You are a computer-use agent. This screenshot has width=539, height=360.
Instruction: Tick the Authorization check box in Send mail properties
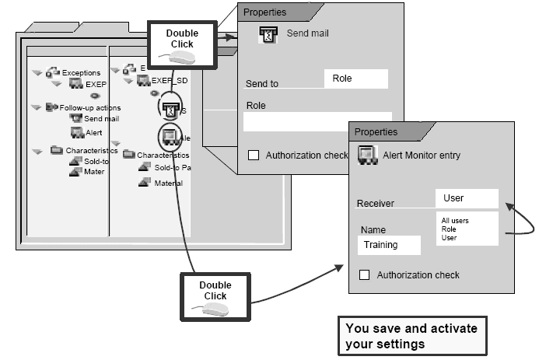[x=254, y=155]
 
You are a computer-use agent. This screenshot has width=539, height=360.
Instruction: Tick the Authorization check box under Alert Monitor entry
[x=363, y=274]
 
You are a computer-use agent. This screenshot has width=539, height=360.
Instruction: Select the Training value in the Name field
[x=389, y=245]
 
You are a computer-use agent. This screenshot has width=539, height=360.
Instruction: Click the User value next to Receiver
[x=466, y=198]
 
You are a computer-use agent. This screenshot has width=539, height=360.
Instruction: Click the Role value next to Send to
[x=355, y=79]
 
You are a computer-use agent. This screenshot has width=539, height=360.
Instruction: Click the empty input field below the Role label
[x=317, y=121]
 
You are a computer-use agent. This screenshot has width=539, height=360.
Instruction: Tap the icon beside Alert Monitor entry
[x=367, y=156]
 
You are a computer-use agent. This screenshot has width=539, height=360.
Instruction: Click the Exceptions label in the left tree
[x=80, y=73]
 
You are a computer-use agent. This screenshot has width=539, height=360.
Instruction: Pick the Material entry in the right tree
[x=166, y=183]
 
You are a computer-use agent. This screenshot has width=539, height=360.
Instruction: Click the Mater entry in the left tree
[x=93, y=172]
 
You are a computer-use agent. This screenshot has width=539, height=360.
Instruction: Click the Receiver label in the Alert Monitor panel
[x=375, y=204]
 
